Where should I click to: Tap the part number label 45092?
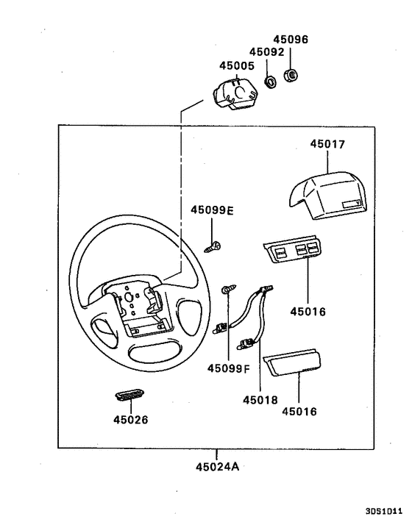(x=266, y=52)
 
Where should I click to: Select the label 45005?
(x=236, y=65)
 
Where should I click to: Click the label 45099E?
(x=212, y=210)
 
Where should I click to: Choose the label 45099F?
(x=228, y=368)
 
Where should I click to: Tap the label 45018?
(x=260, y=400)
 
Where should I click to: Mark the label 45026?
(x=130, y=420)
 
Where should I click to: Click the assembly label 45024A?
(x=219, y=466)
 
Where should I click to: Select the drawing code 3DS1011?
(x=383, y=508)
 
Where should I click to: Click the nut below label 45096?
(x=290, y=75)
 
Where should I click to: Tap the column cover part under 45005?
(x=235, y=95)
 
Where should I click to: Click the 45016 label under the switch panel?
(x=308, y=312)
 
